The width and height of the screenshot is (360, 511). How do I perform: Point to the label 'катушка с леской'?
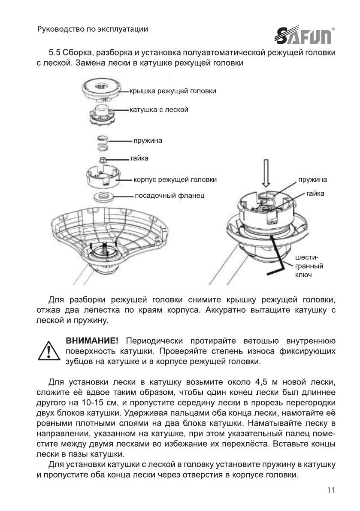tap(158, 110)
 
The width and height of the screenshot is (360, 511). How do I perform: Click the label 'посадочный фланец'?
tap(169, 196)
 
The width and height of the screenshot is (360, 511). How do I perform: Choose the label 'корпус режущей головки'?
tap(175, 179)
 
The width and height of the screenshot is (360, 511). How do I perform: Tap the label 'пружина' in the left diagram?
tap(148, 140)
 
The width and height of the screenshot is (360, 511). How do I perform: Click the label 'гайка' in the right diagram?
tap(315, 194)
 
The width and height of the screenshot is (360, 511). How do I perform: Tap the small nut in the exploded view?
tap(103, 160)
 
